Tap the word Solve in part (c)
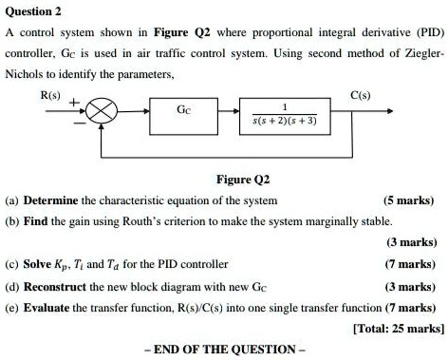[x=40, y=263]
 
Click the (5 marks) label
[x=408, y=200]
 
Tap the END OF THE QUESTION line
[x=224, y=349]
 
